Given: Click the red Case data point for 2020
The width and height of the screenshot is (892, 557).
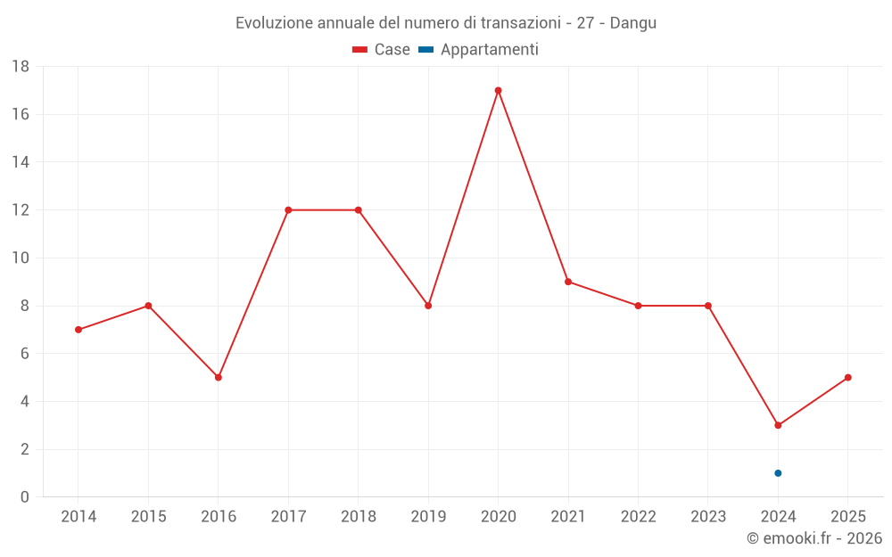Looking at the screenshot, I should (498, 90).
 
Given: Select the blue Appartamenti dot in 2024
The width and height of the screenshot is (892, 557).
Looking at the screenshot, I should (778, 473).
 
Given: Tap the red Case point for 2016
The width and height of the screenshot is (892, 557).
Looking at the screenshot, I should (219, 377).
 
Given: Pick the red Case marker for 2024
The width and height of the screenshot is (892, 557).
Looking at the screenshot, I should (778, 425).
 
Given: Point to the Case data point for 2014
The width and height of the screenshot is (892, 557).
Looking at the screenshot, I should (78, 330).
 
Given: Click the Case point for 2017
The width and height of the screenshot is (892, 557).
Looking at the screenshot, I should (288, 210).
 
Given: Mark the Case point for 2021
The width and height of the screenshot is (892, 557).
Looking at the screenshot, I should (568, 282).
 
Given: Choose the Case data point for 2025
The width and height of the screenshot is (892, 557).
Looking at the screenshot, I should (847, 377).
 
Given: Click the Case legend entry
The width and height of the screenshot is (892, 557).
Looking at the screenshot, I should (382, 50).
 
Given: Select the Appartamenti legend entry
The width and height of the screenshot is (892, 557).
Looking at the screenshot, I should (479, 50).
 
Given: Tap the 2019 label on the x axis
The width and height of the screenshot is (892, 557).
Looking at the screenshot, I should (428, 516).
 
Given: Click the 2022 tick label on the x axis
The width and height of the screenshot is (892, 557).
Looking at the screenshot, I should (638, 516).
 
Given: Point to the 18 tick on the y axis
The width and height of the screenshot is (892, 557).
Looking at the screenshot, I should (21, 67).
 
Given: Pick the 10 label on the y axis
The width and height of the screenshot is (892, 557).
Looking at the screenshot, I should (21, 258).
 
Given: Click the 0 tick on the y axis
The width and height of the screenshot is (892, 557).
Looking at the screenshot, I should (25, 497).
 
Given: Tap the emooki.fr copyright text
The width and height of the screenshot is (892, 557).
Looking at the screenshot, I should (814, 537).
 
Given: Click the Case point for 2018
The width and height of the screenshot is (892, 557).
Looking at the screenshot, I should (359, 210).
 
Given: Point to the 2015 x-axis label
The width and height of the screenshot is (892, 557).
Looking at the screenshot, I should (148, 516).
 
